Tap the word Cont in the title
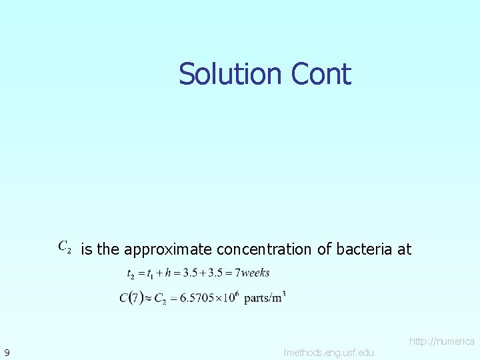[x=321, y=73]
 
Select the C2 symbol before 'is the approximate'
[x=65, y=247]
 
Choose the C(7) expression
[x=133, y=298]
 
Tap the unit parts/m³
[x=265, y=297]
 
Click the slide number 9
[x=6, y=351]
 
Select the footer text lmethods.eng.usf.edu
[x=329, y=351]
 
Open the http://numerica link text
[x=441, y=341]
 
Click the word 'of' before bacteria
[x=324, y=249]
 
